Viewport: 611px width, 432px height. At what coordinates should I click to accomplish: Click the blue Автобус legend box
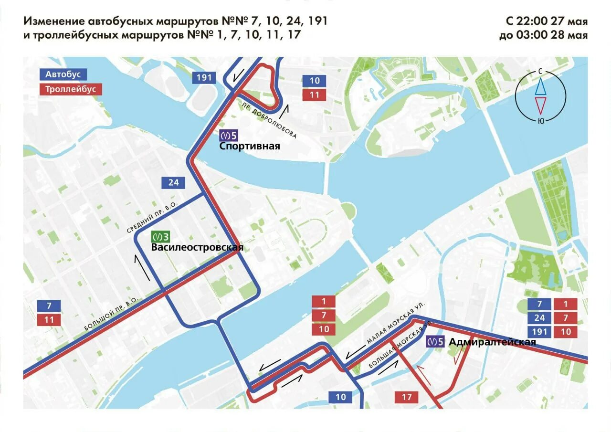click(63, 74)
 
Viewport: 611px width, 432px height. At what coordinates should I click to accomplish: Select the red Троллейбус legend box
click(70, 89)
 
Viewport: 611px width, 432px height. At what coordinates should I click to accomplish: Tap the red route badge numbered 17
click(407, 397)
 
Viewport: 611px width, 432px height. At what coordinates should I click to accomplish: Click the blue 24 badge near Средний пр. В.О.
click(173, 182)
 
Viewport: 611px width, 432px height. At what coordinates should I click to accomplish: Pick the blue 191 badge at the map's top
click(204, 78)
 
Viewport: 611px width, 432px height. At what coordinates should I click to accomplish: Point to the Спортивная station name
click(250, 147)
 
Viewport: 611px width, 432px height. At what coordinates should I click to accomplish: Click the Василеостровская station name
click(197, 247)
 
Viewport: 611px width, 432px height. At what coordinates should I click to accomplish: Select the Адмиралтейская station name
click(492, 342)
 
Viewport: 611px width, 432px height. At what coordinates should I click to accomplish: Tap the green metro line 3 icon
click(161, 236)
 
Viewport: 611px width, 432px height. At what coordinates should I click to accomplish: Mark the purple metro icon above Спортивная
click(229, 136)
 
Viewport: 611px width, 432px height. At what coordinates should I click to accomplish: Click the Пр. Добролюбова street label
click(270, 121)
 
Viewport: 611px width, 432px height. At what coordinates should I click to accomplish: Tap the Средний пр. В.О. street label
click(152, 217)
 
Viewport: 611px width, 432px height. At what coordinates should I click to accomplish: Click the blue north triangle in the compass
click(540, 87)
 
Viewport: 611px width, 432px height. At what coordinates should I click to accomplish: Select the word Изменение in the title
click(54, 21)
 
